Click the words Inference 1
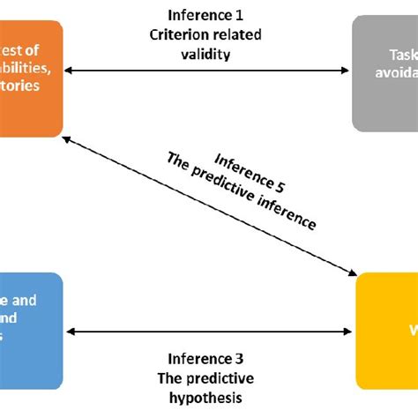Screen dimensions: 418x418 tap(205, 15)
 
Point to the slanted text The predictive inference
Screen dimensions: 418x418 tap(240, 190)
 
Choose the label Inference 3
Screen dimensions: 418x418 tap(205, 359)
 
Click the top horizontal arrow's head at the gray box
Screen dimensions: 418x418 tap(346, 71)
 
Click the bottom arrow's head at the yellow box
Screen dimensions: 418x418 tap(350, 332)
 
